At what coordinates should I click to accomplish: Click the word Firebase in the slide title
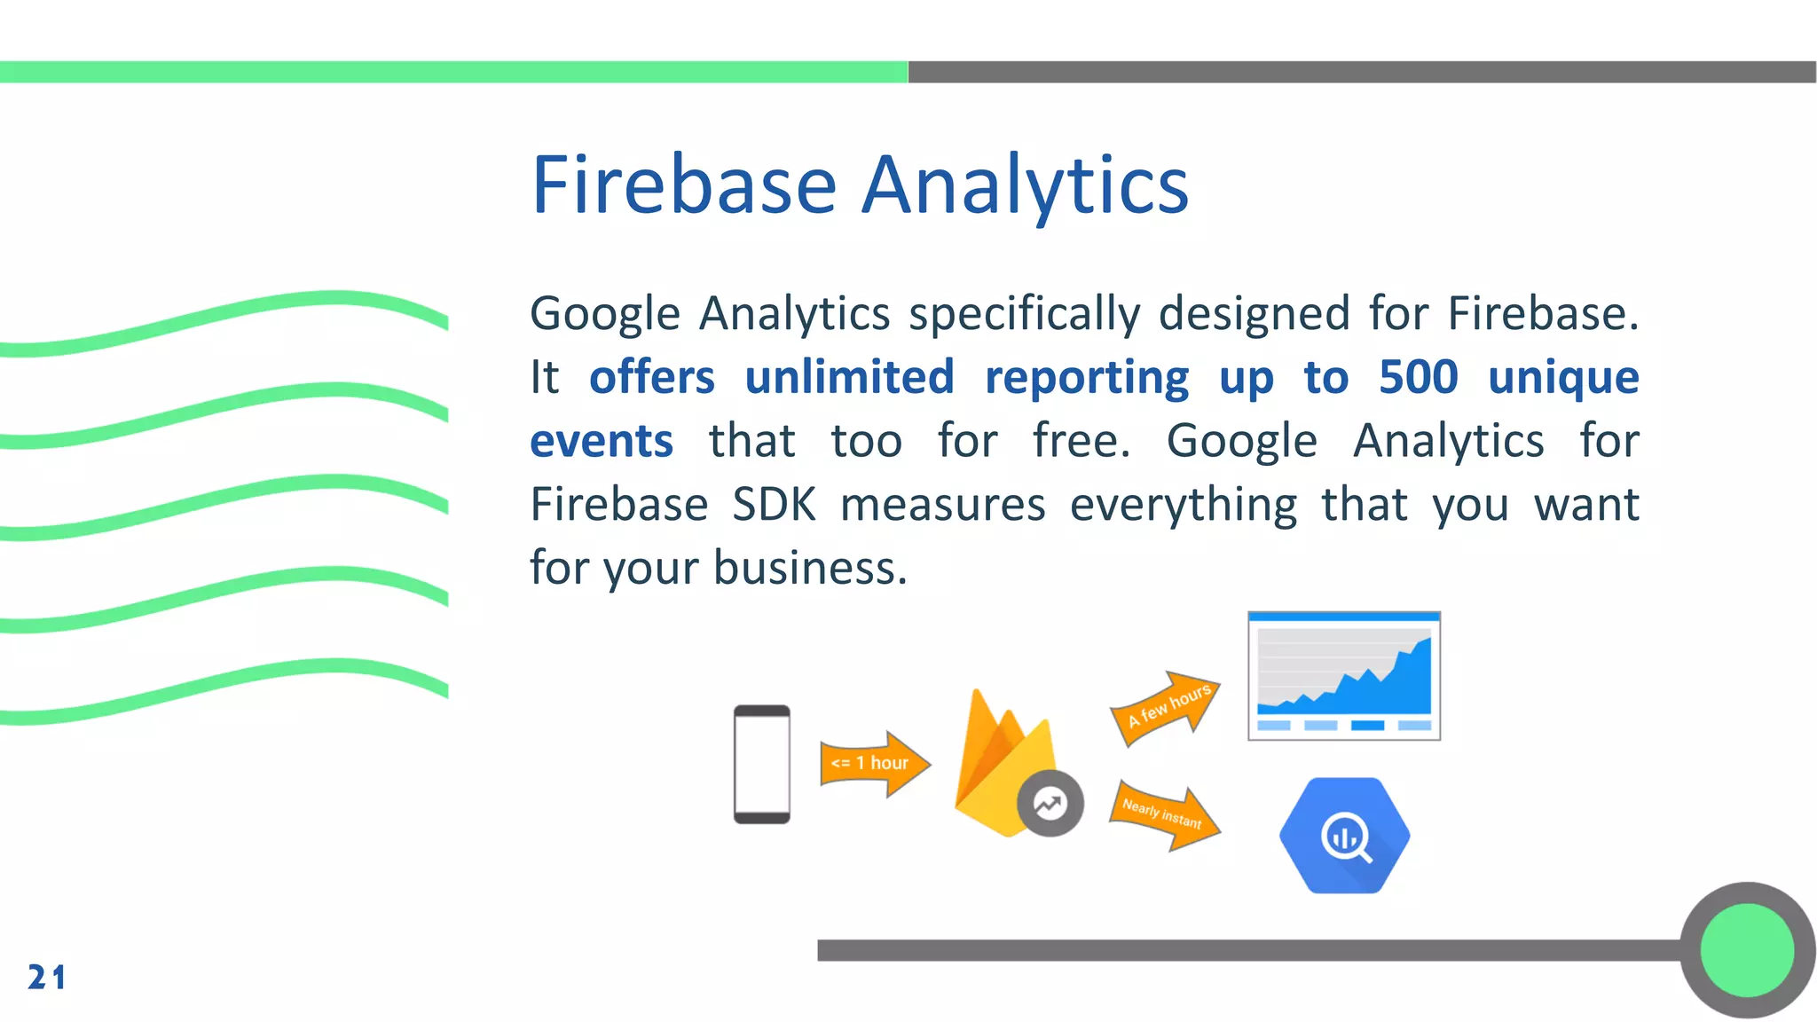pos(684,185)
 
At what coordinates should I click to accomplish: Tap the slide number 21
pos(46,977)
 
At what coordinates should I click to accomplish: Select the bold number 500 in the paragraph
pos(1418,377)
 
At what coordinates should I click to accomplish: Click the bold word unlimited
pos(849,377)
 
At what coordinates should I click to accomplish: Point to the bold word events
pos(602,441)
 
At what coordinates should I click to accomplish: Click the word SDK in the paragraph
pos(774,505)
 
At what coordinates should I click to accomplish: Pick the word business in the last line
pos(810,568)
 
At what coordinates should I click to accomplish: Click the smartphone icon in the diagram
pos(761,764)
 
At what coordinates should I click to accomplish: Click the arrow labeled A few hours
pos(1165,707)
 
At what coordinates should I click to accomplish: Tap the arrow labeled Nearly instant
pos(1164,814)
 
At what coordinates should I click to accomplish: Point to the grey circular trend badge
pos(1050,804)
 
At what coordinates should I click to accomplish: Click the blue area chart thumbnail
pos(1343,676)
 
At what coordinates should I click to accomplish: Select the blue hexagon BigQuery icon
pos(1344,836)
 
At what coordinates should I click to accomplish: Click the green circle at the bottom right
pos(1746,950)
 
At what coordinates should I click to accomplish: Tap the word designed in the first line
pos(1254,314)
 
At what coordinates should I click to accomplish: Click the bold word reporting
pos(1087,377)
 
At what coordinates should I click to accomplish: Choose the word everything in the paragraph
pos(1183,505)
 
